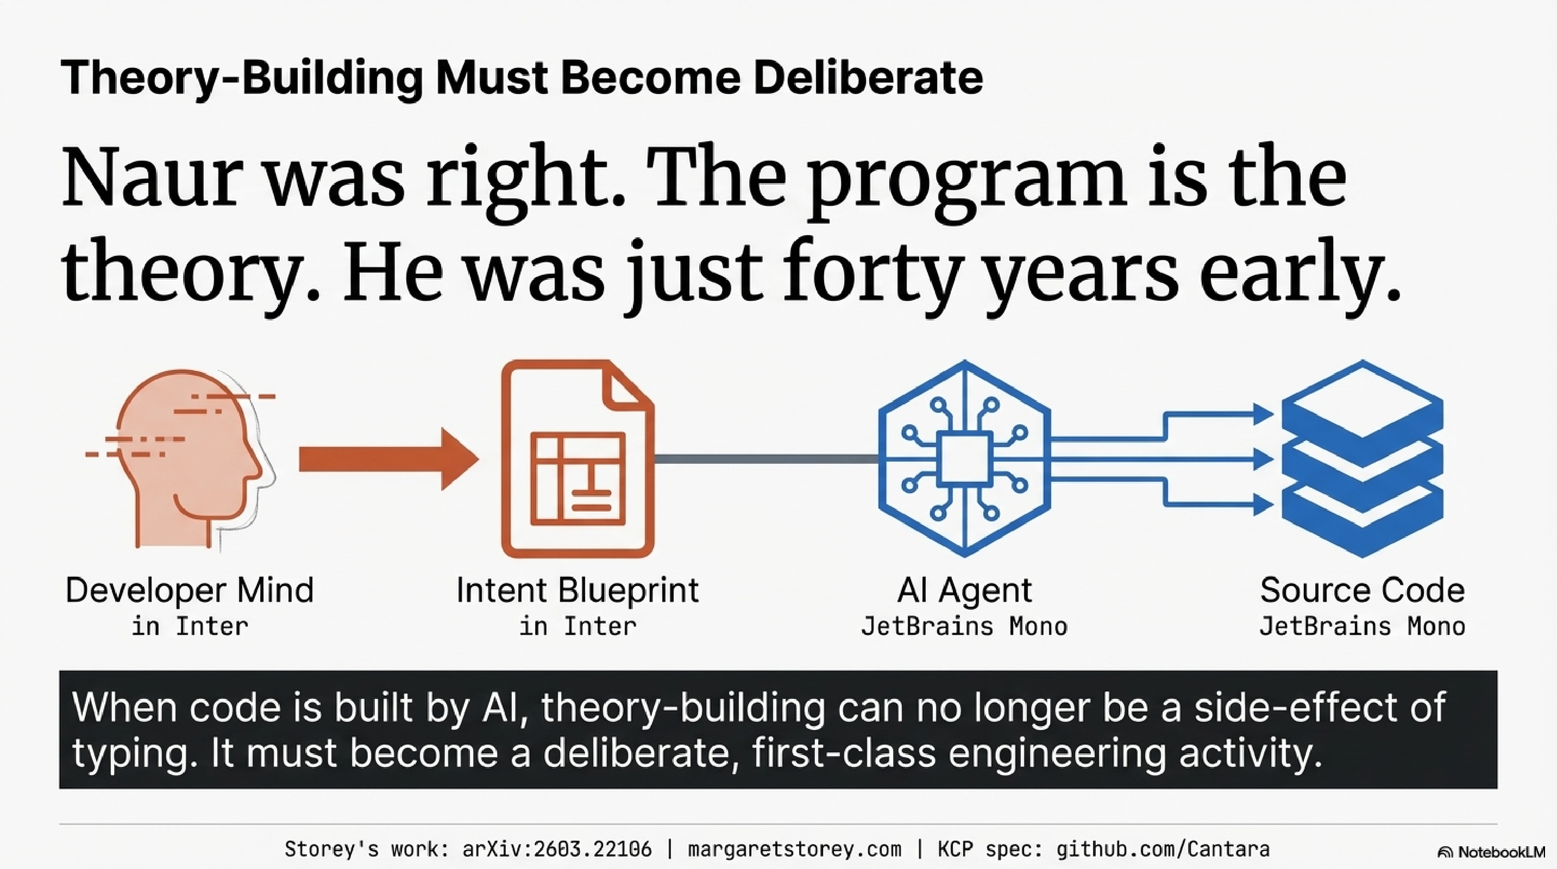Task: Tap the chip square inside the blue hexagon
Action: (964, 459)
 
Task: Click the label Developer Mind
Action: (190, 590)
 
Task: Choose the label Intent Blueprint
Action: (577, 590)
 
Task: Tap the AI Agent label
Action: (964, 590)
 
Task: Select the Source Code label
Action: (1363, 590)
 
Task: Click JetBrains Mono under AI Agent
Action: (964, 627)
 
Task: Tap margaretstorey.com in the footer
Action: (794, 849)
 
